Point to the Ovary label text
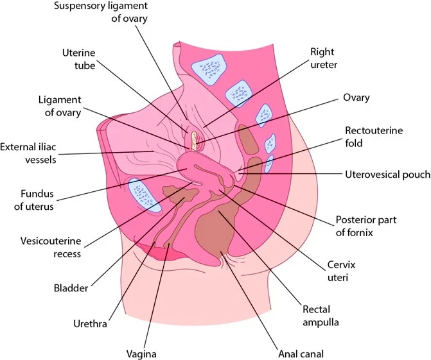click(357, 98)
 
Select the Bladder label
click(71, 289)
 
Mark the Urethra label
click(90, 325)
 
